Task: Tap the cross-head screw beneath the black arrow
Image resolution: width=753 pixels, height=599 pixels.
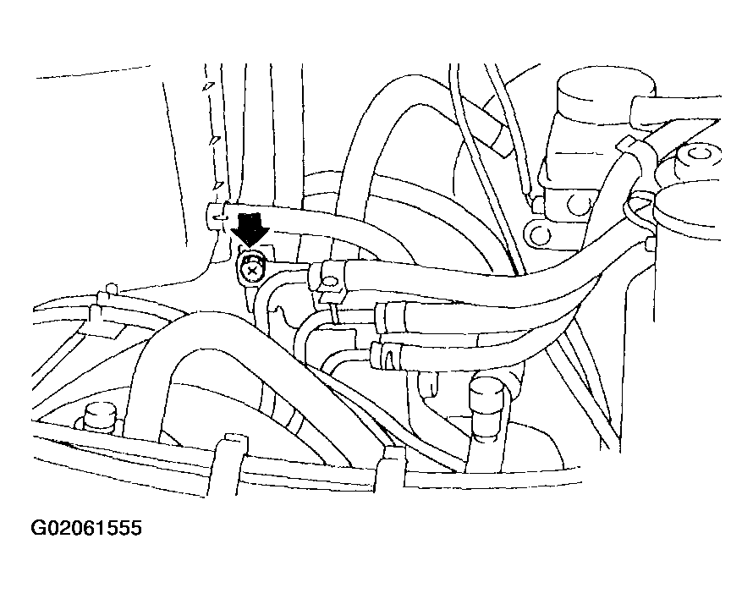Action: [x=251, y=270]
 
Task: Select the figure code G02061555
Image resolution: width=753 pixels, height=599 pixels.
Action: [x=86, y=528]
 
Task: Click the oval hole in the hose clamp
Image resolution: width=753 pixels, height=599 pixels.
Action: [x=331, y=279]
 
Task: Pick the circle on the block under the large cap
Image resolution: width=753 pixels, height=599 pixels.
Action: [x=577, y=206]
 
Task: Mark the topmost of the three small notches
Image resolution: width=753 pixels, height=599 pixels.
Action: [x=207, y=86]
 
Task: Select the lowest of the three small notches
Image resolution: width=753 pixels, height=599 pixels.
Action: [x=218, y=185]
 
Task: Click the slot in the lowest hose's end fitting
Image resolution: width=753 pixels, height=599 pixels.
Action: [x=389, y=357]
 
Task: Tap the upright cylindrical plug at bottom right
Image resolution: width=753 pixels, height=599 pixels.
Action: [x=487, y=407]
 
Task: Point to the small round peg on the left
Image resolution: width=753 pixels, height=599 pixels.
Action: [x=112, y=289]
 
